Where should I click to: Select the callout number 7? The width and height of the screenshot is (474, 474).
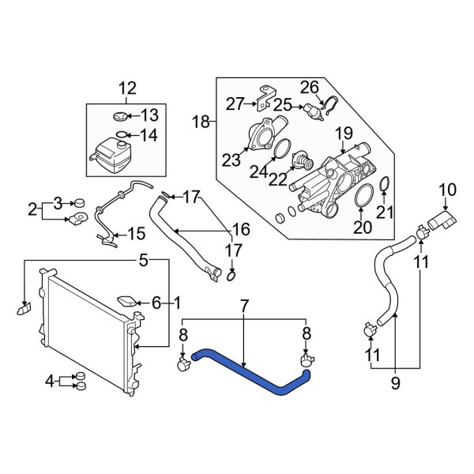(244, 305)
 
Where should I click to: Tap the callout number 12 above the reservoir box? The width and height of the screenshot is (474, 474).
(127, 88)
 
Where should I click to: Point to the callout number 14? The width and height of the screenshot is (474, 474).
(148, 135)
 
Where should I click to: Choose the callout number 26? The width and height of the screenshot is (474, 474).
(309, 86)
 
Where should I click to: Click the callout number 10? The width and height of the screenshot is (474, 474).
(447, 189)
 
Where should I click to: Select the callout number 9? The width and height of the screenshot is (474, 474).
(395, 385)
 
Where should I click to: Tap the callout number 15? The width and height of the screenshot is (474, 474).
(136, 234)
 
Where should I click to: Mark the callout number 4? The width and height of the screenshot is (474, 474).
(50, 381)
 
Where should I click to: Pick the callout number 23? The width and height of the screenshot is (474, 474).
(231, 160)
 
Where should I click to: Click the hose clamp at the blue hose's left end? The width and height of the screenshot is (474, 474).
(183, 363)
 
